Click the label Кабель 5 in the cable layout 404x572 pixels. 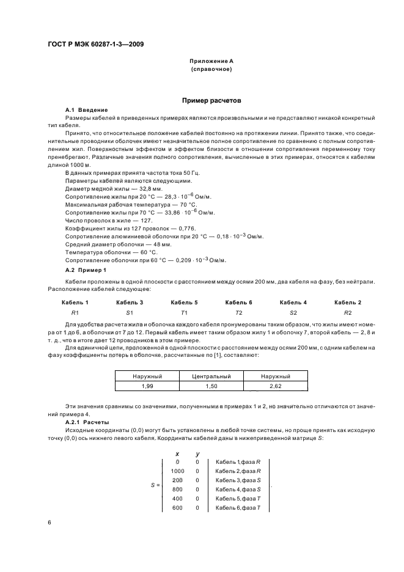pyautogui.click(x=184, y=302)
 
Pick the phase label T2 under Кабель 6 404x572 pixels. pyautogui.click(x=238, y=312)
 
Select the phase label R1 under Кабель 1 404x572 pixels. pyautogui.click(x=75, y=312)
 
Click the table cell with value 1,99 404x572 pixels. pyautogui.click(x=147, y=386)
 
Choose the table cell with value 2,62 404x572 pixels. pyautogui.click(x=275, y=386)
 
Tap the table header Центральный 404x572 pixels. pyautogui.click(x=211, y=376)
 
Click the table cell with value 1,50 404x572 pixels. pyautogui.click(x=211, y=386)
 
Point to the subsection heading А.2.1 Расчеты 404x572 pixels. pyautogui.click(x=87, y=422)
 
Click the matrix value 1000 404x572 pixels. pyautogui.click(x=177, y=471)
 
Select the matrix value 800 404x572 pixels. pyautogui.click(x=177, y=490)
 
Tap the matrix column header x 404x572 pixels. pyautogui.click(x=177, y=453)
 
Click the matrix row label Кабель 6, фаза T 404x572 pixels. pyautogui.click(x=238, y=508)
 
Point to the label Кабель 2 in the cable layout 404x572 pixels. pyautogui.click(x=347, y=302)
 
